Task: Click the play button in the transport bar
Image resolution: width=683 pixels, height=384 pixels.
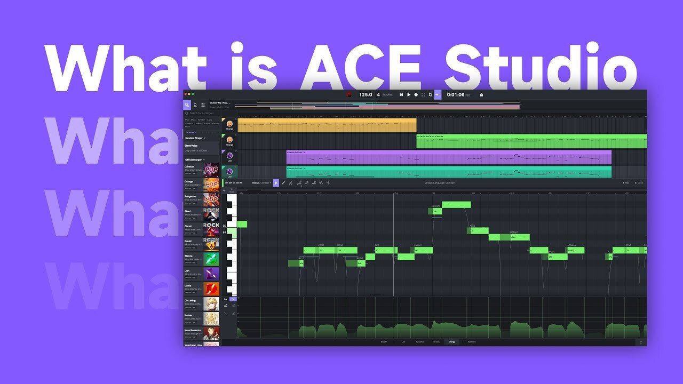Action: pyautogui.click(x=409, y=94)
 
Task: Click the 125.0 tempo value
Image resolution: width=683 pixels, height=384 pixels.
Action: pyautogui.click(x=366, y=94)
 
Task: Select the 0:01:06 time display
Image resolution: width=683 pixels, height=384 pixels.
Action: pyautogui.click(x=455, y=94)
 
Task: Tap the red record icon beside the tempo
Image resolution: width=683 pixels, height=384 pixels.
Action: pyautogui.click(x=349, y=95)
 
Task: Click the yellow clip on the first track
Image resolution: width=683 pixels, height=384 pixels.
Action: pyautogui.click(x=327, y=125)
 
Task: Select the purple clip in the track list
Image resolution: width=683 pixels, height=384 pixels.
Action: pyautogui.click(x=448, y=157)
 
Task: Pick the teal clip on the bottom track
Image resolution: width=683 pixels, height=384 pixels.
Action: pyautogui.click(x=448, y=172)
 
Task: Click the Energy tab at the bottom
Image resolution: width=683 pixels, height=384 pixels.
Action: pyautogui.click(x=451, y=341)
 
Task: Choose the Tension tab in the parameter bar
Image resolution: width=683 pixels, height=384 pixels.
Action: pyautogui.click(x=436, y=341)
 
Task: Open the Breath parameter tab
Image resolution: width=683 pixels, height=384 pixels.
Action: pyautogui.click(x=384, y=341)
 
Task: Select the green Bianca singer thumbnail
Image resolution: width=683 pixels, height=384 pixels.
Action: pyautogui.click(x=211, y=259)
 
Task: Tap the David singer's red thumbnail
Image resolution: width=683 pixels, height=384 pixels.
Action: pyautogui.click(x=211, y=289)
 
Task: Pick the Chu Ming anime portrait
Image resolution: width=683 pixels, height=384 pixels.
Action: pyautogui.click(x=211, y=304)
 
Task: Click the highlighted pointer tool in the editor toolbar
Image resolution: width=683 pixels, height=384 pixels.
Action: pyautogui.click(x=276, y=183)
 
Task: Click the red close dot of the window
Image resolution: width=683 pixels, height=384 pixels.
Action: pyautogui.click(x=186, y=94)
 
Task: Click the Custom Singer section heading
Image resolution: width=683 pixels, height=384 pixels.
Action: pyautogui.click(x=194, y=138)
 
